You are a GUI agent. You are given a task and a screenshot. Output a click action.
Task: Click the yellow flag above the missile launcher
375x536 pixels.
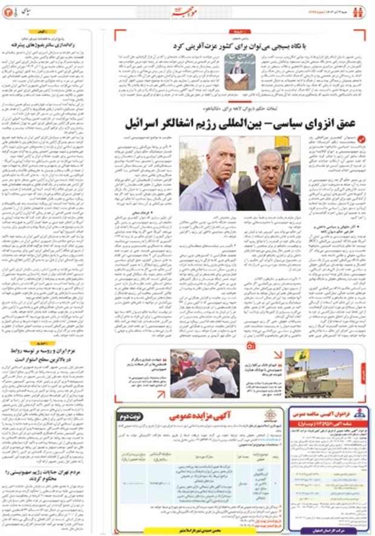[x=302, y=356]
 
